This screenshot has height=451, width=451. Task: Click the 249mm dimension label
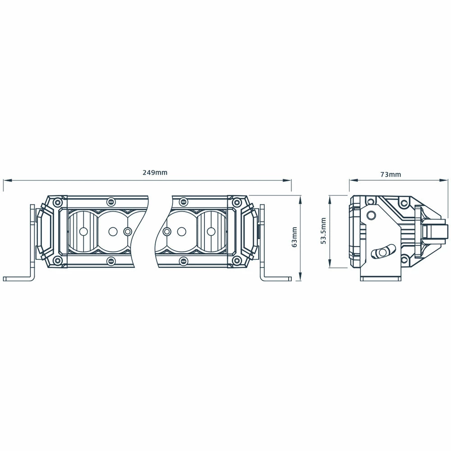[155, 173]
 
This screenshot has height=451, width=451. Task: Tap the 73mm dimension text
[391, 174]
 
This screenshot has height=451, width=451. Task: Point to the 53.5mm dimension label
[323, 231]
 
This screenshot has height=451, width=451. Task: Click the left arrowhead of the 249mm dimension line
[7, 181]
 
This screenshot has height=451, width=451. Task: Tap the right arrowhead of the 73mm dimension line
[444, 180]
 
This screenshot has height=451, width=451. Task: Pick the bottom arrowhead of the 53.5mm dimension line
[330, 264]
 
